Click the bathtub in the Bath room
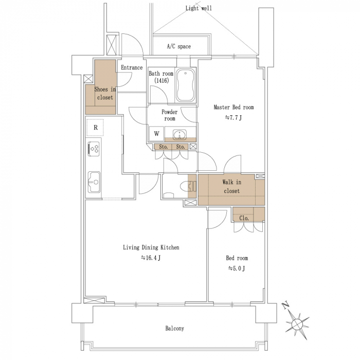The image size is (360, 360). [185, 85]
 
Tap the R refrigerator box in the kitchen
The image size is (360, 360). [95, 128]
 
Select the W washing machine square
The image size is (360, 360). [156, 133]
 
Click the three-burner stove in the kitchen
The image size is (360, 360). [94, 149]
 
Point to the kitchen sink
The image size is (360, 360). [94, 182]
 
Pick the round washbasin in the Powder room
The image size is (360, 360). [180, 134]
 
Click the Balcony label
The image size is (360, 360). [174, 328]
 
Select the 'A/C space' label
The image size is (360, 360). [178, 46]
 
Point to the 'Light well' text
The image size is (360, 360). [199, 8]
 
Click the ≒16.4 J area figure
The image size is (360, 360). [151, 258]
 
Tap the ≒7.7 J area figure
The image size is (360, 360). [233, 118]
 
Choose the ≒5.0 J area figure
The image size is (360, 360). [237, 268]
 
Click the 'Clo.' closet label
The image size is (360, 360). [244, 218]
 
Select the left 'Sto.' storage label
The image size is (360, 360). [164, 147]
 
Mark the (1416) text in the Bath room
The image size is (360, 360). [161, 80]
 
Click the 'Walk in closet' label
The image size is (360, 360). [231, 186]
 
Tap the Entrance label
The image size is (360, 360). [132, 67]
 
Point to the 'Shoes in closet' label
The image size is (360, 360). [105, 93]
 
